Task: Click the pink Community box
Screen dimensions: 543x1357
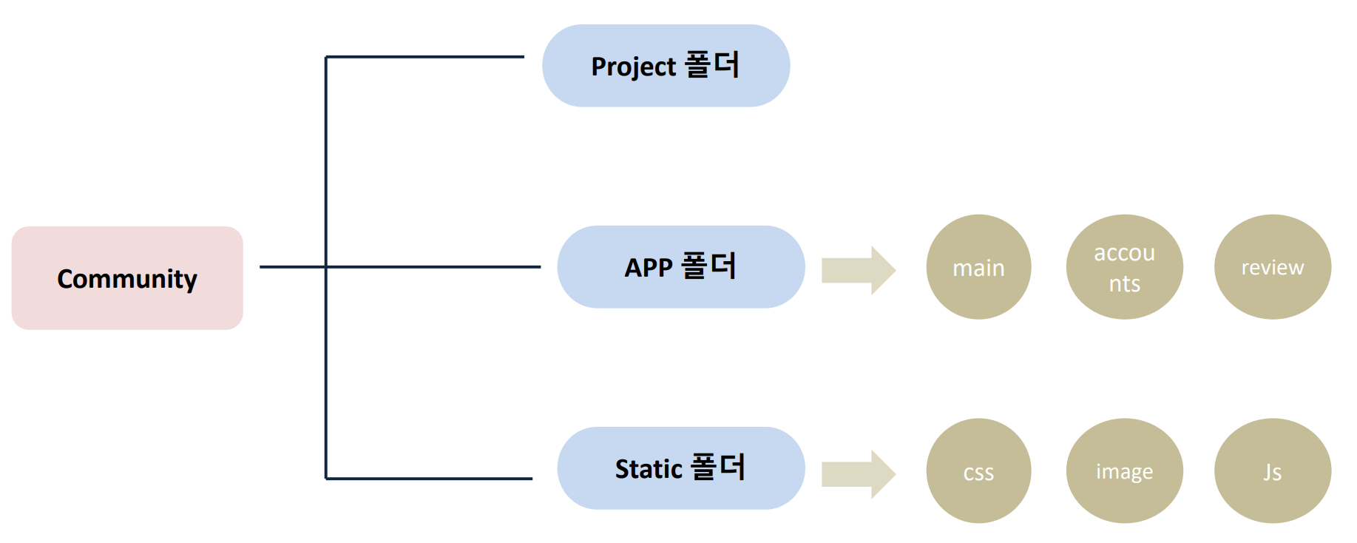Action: (x=127, y=278)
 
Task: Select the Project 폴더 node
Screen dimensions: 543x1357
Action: (x=666, y=66)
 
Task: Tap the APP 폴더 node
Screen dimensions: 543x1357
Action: (x=680, y=267)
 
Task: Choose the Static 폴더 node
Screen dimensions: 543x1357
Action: (x=680, y=468)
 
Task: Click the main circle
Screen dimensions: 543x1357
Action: (x=978, y=267)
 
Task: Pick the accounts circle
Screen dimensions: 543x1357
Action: (x=1124, y=267)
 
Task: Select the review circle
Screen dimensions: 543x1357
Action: (x=1272, y=267)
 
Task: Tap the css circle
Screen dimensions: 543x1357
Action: (x=978, y=471)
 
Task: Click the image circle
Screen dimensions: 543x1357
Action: (x=1124, y=471)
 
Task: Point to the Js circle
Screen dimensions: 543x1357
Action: (x=1272, y=471)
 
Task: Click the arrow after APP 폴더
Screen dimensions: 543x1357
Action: (x=858, y=270)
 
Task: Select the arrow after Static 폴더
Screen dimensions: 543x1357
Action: (x=858, y=474)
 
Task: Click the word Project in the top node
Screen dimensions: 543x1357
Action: (x=633, y=67)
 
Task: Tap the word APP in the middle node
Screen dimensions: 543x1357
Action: (x=649, y=268)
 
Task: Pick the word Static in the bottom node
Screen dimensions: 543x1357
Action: (x=649, y=469)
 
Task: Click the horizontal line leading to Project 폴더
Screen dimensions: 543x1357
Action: (x=425, y=56)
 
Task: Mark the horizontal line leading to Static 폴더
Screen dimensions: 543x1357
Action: (x=429, y=479)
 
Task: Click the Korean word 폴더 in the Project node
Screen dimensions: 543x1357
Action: (x=711, y=64)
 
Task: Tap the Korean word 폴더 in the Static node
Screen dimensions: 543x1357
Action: (x=717, y=467)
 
